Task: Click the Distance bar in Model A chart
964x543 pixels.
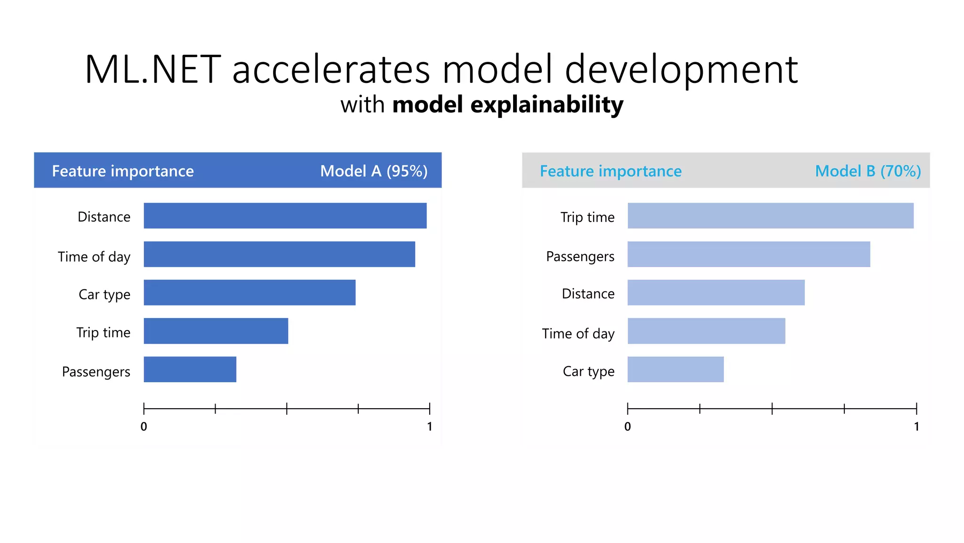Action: click(285, 216)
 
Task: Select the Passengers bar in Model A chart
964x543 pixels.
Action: click(190, 370)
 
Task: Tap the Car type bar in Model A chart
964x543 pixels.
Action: click(249, 293)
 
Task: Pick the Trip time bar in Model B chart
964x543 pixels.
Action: click(770, 216)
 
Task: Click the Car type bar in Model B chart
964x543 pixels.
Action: click(675, 370)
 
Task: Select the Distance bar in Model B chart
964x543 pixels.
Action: click(716, 293)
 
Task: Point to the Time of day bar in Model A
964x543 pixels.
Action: click(279, 255)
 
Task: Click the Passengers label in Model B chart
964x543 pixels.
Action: click(580, 257)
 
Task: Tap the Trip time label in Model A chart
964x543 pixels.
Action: click(103, 333)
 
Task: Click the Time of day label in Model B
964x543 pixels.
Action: click(578, 334)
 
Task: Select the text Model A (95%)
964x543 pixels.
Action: click(374, 171)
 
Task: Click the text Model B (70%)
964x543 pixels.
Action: click(868, 171)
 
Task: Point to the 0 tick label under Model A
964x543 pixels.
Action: click(144, 427)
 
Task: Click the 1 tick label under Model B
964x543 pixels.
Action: click(916, 427)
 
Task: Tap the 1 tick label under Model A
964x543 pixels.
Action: click(429, 427)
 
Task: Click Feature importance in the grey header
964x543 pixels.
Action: click(611, 171)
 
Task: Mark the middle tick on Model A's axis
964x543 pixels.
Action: click(287, 409)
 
